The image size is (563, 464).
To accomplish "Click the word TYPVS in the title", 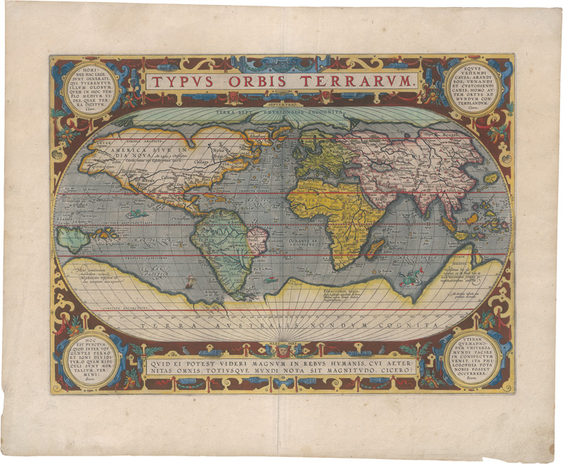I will pos(185,81).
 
